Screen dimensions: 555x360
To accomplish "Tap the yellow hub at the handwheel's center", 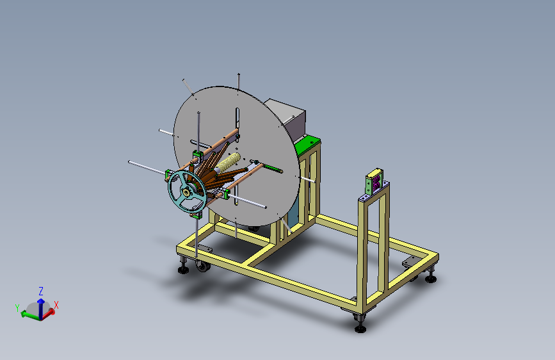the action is click(x=186, y=192).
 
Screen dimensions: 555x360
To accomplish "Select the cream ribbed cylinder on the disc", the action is click(x=228, y=162).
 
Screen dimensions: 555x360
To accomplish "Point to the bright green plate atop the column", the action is click(x=307, y=144).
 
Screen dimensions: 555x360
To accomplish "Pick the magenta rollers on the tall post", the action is click(x=376, y=181).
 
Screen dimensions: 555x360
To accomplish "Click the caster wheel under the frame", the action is click(x=203, y=266).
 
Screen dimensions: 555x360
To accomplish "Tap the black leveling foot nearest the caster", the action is click(x=183, y=268).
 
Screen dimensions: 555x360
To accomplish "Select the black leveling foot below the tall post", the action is click(x=360, y=325).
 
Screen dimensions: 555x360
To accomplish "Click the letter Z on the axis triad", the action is click(x=41, y=291).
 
